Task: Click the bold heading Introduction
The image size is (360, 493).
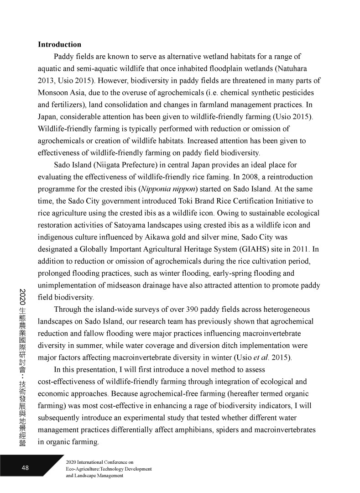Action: tap(59, 45)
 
